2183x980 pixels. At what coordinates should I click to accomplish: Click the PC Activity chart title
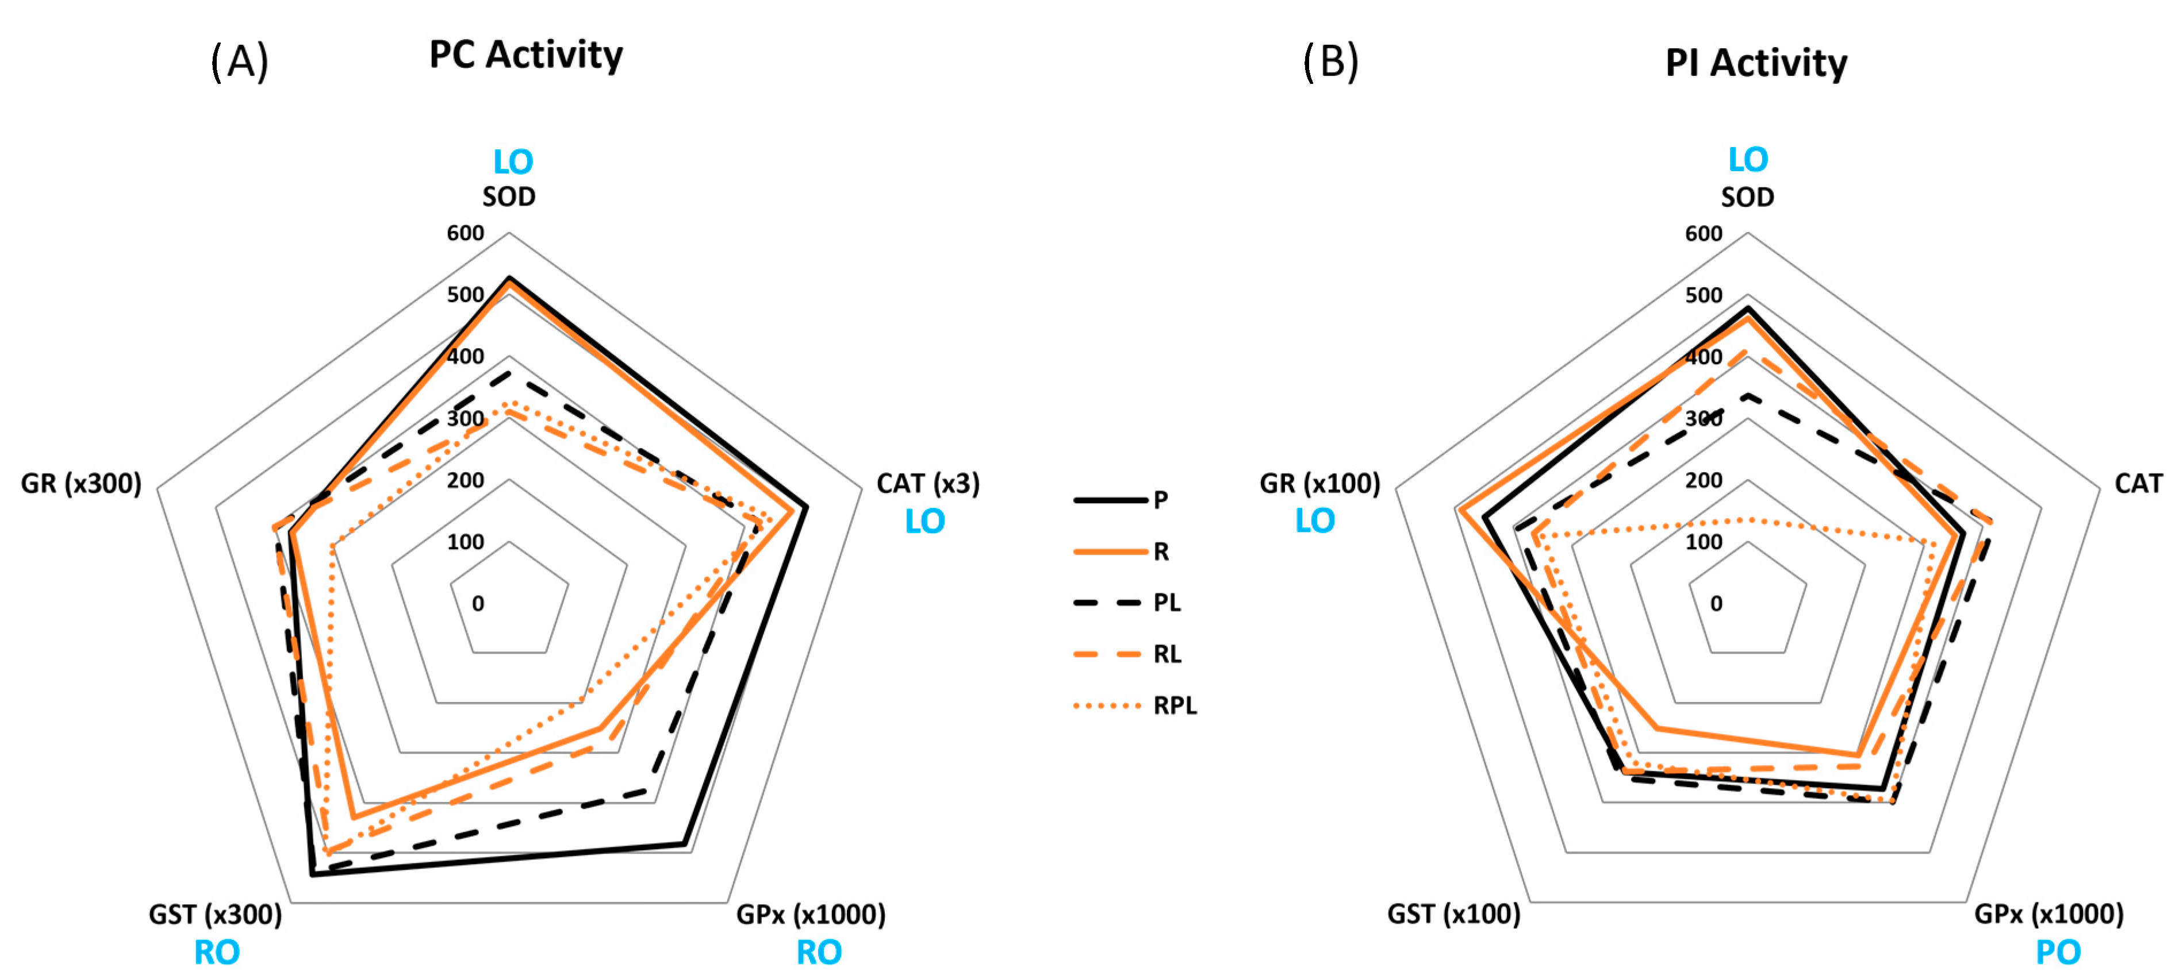point(525,55)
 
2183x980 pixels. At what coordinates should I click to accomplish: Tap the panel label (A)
point(240,62)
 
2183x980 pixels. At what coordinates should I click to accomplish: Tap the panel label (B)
point(1330,62)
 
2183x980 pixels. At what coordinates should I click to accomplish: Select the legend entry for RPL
point(1175,705)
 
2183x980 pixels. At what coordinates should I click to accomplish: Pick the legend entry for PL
point(1167,602)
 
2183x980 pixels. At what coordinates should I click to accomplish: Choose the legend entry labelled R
point(1161,551)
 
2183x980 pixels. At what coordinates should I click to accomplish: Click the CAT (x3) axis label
point(928,484)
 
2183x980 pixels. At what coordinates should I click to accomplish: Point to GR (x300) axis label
point(82,484)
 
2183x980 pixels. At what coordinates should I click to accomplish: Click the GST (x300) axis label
point(215,915)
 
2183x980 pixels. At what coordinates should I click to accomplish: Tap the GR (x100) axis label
point(1319,484)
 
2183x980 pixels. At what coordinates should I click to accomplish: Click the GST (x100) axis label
point(1453,915)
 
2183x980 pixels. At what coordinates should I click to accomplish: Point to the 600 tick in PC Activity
point(465,233)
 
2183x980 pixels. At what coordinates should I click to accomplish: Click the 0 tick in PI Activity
point(1716,604)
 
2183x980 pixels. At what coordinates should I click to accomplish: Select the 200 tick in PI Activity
point(1704,480)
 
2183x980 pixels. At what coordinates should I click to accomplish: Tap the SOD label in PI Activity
point(1747,198)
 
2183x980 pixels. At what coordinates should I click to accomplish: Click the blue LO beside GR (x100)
point(1314,521)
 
